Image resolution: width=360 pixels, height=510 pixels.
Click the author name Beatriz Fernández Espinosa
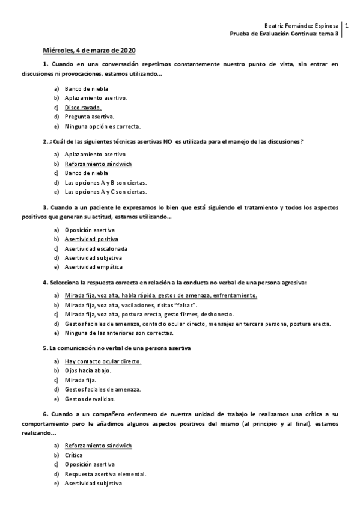[x=302, y=26]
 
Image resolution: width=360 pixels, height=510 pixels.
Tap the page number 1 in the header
[x=347, y=26]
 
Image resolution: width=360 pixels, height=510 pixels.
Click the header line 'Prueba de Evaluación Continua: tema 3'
[x=285, y=34]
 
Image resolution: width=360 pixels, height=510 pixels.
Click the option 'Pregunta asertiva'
[x=89, y=117]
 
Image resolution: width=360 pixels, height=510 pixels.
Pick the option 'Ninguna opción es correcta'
[x=102, y=126]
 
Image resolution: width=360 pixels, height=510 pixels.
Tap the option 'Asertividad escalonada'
[x=96, y=248]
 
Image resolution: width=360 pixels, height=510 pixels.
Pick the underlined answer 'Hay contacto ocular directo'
[x=103, y=361]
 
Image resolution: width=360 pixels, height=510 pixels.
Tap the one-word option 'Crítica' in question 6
[x=74, y=455]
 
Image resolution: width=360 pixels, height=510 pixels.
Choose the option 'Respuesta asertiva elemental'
[x=106, y=473]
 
